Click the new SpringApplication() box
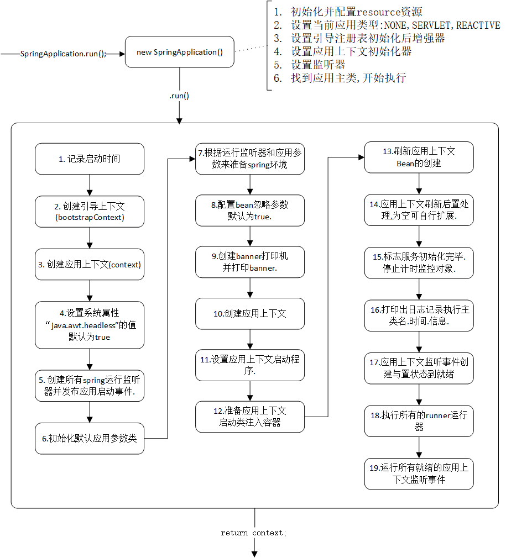pos(179,52)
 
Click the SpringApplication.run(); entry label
pos(62,54)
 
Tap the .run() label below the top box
pos(179,96)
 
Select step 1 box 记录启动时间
pos(89,159)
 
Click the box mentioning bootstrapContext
pos(89,211)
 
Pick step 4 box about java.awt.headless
pos(89,325)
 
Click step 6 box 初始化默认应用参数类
pos(89,439)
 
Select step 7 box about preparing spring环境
pos(250,159)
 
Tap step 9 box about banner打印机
pos(250,262)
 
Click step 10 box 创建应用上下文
pos(250,313)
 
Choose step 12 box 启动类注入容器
pos(250,417)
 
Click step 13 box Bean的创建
pos(419,157)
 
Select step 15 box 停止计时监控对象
pos(419,262)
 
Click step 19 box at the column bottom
pos(419,473)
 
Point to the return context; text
pos(254,533)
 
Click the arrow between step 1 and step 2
pos(89,185)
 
